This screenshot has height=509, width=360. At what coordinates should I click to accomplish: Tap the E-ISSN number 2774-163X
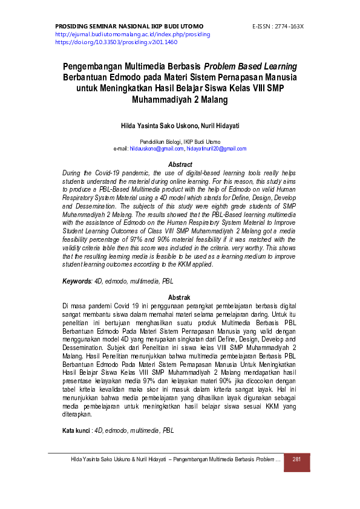coord(288,27)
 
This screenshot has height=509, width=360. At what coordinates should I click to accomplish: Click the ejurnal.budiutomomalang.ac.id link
coord(133,34)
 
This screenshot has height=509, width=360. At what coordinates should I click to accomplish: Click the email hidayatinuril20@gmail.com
coord(216,149)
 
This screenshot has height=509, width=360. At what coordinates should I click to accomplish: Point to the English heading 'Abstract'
coord(180,164)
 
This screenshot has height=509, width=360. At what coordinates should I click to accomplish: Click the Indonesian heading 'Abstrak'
coord(180,297)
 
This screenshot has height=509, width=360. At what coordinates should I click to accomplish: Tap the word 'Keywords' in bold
coord(77,282)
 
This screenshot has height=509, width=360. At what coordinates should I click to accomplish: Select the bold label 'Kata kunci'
coord(76,430)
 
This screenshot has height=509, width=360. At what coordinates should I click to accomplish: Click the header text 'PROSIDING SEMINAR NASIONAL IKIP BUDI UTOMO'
coord(129,27)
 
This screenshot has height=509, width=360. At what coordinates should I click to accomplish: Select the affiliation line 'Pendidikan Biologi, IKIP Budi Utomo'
coord(180,141)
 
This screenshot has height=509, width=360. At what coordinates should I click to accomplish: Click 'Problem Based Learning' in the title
coord(250,66)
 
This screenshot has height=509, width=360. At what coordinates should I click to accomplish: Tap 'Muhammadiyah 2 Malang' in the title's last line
coord(180,101)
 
